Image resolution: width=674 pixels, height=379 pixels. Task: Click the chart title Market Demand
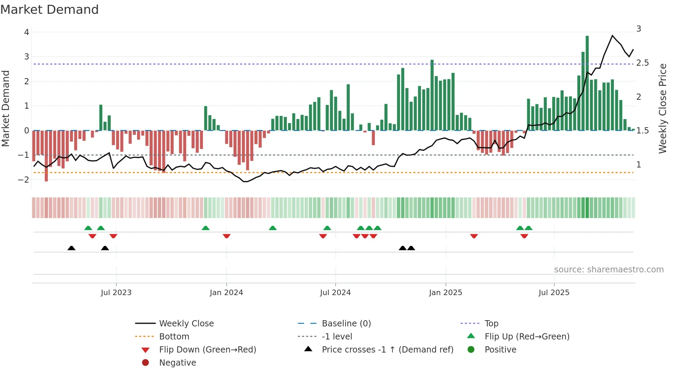coord(50,10)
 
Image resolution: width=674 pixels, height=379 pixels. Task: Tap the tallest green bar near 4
coord(587,83)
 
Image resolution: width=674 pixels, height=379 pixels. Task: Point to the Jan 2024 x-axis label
coord(226,293)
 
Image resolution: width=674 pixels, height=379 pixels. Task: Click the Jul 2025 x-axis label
coord(554,293)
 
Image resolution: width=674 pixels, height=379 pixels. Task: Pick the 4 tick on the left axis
coord(26,32)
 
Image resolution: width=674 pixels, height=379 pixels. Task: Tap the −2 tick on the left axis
coord(23,180)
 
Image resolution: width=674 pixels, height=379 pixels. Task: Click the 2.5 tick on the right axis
coord(642,63)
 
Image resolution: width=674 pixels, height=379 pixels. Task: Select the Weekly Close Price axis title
coord(663,108)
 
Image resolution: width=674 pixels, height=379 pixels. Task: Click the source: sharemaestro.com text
coord(609,270)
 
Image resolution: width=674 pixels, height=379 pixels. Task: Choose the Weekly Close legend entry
coord(186,324)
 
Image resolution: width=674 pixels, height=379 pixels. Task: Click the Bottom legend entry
coord(174,337)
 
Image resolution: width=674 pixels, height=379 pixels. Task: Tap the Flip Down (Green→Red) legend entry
coord(207,350)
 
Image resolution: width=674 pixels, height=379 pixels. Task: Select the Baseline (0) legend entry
coord(346,324)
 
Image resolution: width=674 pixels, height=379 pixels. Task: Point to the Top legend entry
coord(491,324)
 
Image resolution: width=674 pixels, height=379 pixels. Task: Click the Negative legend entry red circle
coord(145,363)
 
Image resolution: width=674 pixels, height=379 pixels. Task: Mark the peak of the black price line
coord(612,35)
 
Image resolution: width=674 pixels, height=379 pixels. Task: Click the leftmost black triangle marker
coord(71,248)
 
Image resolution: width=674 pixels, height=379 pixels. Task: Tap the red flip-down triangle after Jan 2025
coord(474,236)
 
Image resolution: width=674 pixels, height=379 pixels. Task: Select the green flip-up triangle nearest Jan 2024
coord(205,228)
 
